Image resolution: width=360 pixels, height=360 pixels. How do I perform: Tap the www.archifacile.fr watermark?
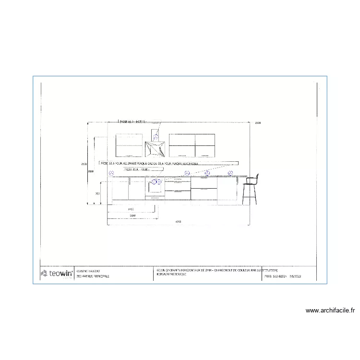click(x=330, y=311)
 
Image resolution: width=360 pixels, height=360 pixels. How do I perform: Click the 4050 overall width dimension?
click(x=178, y=222)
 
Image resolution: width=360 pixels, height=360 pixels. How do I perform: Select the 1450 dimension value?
click(x=131, y=210)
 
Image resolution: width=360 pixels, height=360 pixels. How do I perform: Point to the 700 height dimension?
click(x=96, y=193)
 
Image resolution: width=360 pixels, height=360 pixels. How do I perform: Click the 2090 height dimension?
click(x=90, y=170)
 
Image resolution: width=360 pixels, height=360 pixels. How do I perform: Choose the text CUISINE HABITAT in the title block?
click(x=82, y=271)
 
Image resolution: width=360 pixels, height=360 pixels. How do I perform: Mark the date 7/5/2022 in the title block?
click(x=295, y=276)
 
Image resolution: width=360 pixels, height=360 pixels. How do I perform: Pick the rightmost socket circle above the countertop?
click(x=230, y=173)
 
